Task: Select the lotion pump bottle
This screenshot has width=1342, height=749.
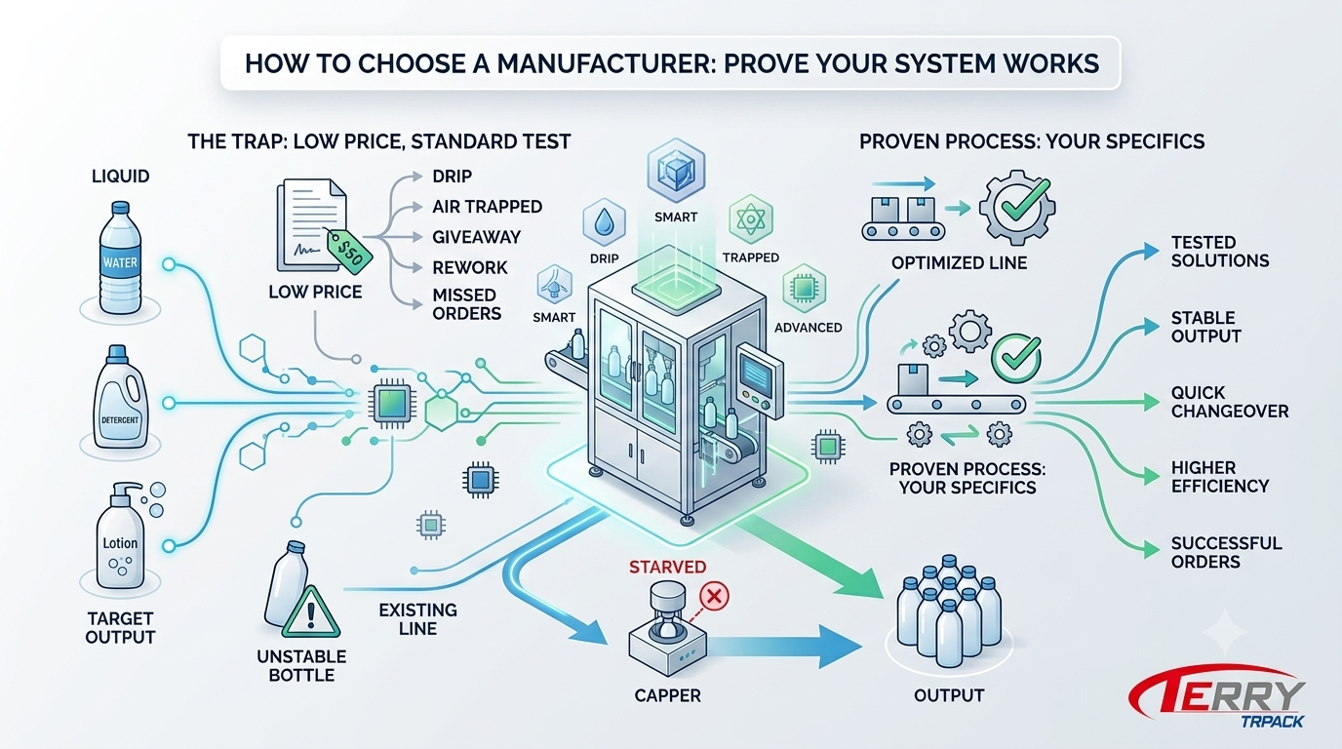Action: click(x=122, y=535)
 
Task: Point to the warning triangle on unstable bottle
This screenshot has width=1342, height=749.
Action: click(x=310, y=612)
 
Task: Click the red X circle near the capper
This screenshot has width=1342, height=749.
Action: click(x=714, y=596)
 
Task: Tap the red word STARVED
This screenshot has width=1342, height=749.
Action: click(x=667, y=567)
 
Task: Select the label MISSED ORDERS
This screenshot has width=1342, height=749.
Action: click(x=467, y=304)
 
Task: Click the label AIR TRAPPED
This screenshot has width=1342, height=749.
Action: click(x=487, y=207)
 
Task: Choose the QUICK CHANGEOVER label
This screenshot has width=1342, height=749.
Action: click(x=1230, y=402)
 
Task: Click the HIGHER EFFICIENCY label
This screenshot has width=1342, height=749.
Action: click(x=1220, y=477)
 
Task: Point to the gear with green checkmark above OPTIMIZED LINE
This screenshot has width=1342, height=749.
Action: click(x=1017, y=207)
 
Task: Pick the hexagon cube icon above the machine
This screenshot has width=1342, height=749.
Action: click(x=676, y=171)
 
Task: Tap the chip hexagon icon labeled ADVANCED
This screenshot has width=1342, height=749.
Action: click(x=804, y=289)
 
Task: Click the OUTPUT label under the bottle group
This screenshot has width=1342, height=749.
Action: click(x=949, y=695)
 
